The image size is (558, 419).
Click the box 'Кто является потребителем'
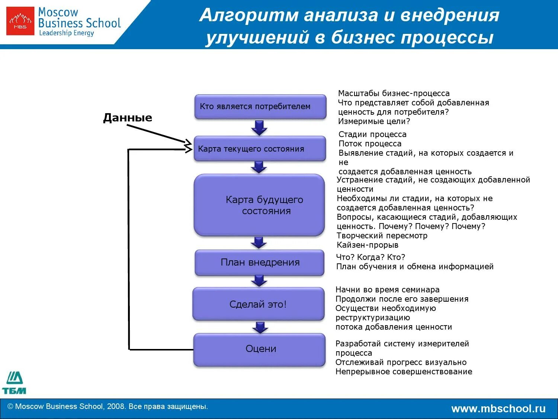[x=260, y=107]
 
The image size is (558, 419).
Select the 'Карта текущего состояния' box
[x=260, y=149]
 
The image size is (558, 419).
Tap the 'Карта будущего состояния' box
[x=259, y=205]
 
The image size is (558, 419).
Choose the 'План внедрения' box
[x=260, y=263]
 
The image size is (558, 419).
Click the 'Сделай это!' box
[x=259, y=304]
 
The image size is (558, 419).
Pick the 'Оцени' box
[x=260, y=349]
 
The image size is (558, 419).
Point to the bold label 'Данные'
[x=128, y=118]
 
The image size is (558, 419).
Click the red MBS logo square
[x=20, y=21]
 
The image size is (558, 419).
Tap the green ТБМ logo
[x=14, y=383]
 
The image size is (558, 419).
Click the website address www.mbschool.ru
[x=498, y=409]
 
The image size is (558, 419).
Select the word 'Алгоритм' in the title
[x=249, y=16]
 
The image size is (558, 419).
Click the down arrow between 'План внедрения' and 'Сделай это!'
[x=259, y=280]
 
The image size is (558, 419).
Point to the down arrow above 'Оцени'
[x=260, y=327]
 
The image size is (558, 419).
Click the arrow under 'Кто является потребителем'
[x=259, y=127]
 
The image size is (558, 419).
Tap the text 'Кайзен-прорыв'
[x=368, y=245]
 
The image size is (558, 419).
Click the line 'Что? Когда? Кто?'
[x=371, y=257]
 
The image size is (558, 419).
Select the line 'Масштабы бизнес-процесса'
[x=394, y=93]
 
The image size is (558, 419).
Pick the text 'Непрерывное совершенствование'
[x=404, y=372]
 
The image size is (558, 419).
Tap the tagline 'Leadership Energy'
[x=67, y=33]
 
